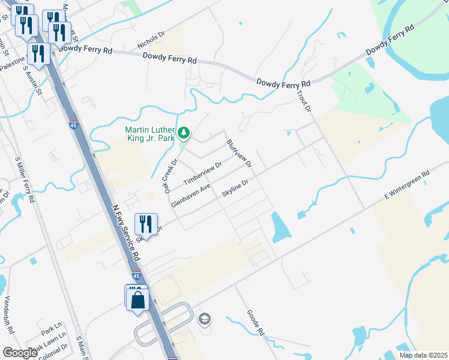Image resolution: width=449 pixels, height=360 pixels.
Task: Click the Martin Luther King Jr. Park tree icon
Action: [x=185, y=132]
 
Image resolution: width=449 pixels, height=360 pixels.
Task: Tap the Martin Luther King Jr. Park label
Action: [x=149, y=134]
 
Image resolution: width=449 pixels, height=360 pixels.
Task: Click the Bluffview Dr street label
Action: [x=238, y=154]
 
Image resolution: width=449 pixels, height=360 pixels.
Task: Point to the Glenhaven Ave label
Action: [x=190, y=196]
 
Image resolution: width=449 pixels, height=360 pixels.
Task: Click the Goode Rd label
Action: [x=255, y=323]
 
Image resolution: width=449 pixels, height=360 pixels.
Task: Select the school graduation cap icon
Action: [x=204, y=318]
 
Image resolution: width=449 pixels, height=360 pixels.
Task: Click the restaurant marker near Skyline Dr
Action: [x=146, y=224]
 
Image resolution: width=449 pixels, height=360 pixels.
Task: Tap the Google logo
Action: [x=20, y=353]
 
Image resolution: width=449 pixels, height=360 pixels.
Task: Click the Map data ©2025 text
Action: [x=423, y=355]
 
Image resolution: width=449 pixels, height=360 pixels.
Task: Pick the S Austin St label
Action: [x=32, y=80]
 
